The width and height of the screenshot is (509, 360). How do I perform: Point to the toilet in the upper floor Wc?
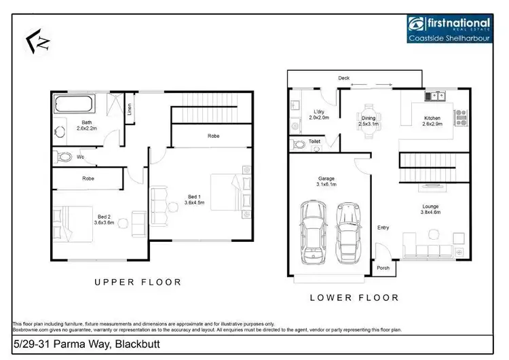pos(64,157)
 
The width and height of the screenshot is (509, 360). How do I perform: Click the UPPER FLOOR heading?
pos(137,281)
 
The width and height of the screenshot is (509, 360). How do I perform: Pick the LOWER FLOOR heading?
pos(354,298)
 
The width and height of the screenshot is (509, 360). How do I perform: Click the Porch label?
pos(383,267)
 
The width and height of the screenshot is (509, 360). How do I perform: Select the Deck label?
pos(344,78)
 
